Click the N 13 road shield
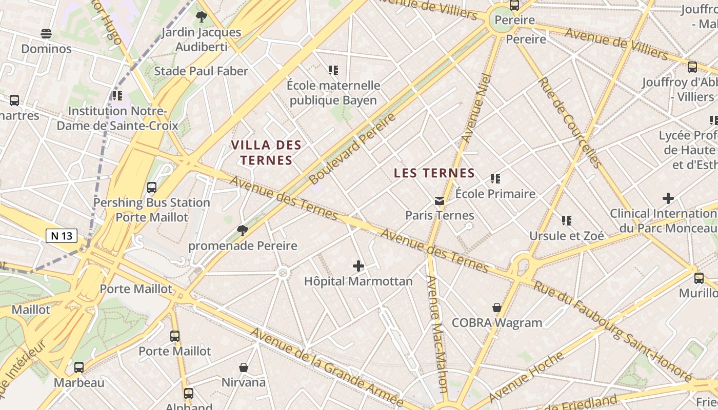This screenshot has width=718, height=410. click(62, 236)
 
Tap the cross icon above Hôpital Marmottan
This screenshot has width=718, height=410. click(358, 266)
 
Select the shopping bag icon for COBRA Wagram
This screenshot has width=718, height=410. click(496, 307)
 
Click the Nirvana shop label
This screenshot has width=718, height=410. click(244, 382)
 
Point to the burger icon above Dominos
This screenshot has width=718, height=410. click(46, 34)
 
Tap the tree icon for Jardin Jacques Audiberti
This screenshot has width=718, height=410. click(201, 17)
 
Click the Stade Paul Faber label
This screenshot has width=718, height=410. click(201, 71)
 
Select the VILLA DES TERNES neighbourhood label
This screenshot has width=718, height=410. click(267, 153)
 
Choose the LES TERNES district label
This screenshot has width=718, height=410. click(434, 173)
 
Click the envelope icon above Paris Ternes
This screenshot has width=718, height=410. click(440, 200)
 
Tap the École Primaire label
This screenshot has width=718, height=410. click(495, 194)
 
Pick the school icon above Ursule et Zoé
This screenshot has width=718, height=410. click(566, 221)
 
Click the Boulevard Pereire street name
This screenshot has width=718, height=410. click(353, 148)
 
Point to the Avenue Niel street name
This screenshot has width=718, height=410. click(477, 108)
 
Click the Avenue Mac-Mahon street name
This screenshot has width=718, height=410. click(438, 333)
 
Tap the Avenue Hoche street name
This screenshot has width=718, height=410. click(526, 376)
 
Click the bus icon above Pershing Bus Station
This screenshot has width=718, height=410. click(152, 188)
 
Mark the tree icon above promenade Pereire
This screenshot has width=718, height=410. click(242, 231)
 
